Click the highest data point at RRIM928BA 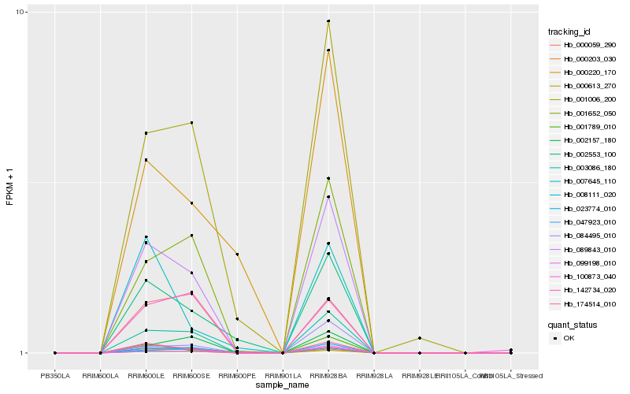point(328,21)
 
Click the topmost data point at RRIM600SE point(191,123)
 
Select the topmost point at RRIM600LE point(146,133)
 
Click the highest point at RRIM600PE point(237,255)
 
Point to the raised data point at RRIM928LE point(420,338)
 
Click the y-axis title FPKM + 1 point(10,183)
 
